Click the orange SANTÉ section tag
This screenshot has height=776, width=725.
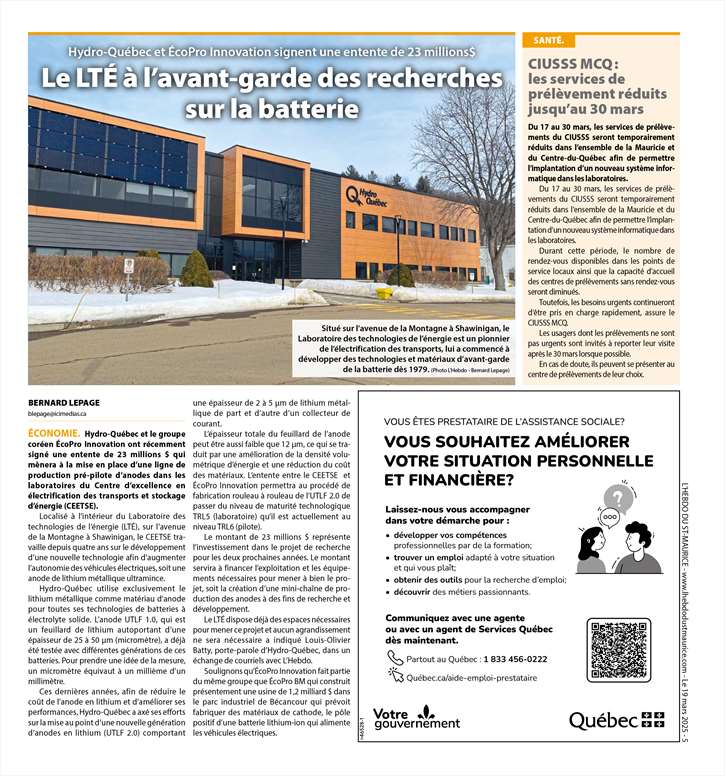548,41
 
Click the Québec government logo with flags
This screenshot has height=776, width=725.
616,720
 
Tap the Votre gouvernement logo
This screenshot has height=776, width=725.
417,717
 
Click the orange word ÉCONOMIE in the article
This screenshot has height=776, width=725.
55,432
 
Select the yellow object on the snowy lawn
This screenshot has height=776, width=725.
384,293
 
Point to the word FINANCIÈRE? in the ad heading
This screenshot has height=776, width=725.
449,480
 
